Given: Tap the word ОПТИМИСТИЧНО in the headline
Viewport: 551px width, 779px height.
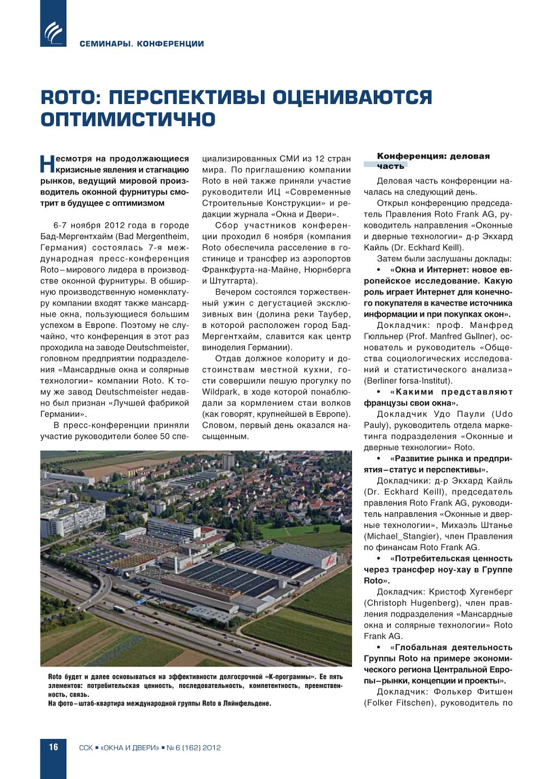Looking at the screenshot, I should click(x=128, y=119).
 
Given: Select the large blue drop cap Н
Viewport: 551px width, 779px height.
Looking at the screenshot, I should click(x=47, y=164).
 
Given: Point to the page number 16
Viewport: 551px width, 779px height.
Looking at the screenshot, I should click(x=53, y=747).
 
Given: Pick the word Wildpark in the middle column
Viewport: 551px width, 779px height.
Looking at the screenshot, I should click(x=220, y=391).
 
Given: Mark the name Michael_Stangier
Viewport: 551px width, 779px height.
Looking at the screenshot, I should click(x=401, y=536).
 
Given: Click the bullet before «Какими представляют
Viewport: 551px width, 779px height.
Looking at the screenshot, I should click(x=378, y=392).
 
